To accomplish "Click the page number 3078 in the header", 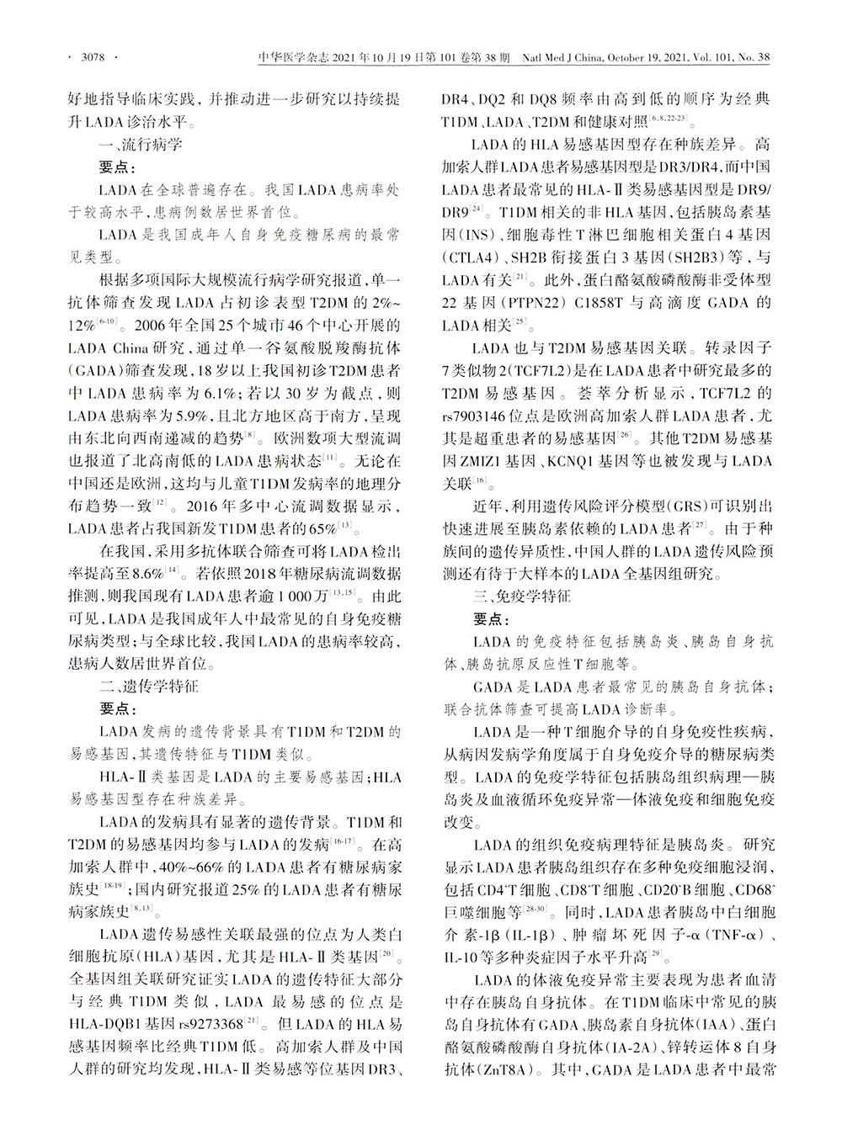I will pyautogui.click(x=91, y=58).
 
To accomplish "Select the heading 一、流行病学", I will pyautogui.click(x=141, y=144).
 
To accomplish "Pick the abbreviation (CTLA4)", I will pyautogui.click(x=474, y=257).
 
